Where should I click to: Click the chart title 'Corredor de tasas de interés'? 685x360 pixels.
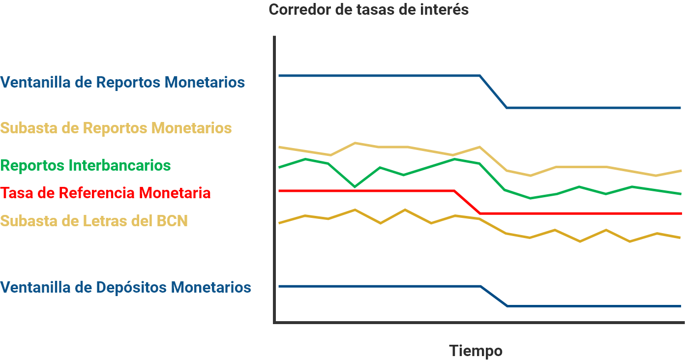point(368,10)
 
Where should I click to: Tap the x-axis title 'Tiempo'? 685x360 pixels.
point(476,351)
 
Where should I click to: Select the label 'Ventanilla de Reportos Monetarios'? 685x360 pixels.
point(122,82)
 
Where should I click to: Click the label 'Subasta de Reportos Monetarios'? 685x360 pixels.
point(116,128)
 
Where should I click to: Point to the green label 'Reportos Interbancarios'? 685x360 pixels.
point(86,165)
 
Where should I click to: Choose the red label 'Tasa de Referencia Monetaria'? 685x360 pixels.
point(105,193)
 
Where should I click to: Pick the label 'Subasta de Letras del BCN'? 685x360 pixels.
point(94,221)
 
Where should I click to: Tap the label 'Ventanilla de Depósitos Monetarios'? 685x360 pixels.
point(125,287)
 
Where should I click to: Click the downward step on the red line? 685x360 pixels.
point(467,202)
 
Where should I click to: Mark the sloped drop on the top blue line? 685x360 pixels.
point(493,91)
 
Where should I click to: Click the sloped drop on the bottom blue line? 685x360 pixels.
point(494,296)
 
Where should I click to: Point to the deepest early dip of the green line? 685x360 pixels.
point(355,187)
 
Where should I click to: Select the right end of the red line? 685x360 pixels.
point(681,213)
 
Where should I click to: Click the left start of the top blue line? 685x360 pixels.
point(279,76)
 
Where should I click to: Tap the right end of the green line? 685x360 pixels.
point(681,194)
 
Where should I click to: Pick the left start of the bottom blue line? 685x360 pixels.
point(279,286)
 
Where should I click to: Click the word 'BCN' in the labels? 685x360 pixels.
point(172,221)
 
